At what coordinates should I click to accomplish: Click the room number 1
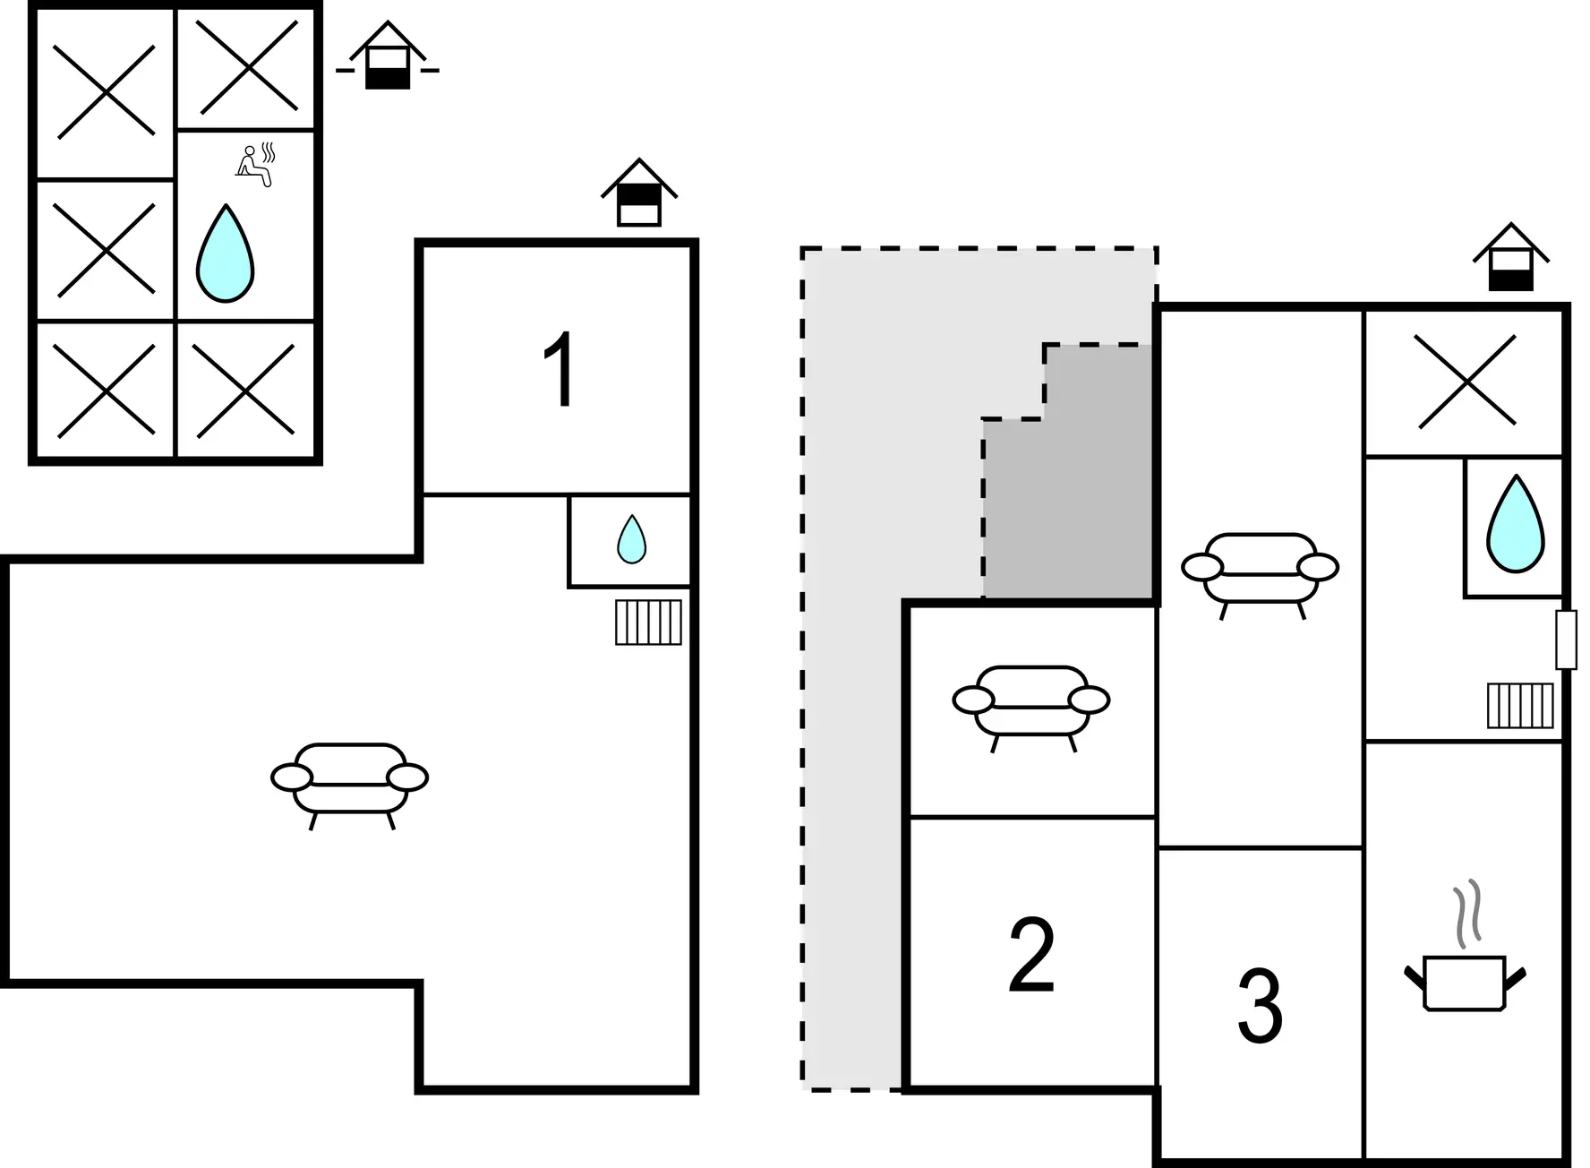pyautogui.click(x=559, y=371)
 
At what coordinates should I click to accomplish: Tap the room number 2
pyautogui.click(x=1031, y=957)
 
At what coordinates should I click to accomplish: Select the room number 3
pyautogui.click(x=1260, y=1007)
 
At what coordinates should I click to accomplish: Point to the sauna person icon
pyautogui.click(x=255, y=165)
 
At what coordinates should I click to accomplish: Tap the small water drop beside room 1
pyautogui.click(x=631, y=539)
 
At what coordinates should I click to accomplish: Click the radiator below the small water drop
pyautogui.click(x=648, y=623)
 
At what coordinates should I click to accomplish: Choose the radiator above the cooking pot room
pyautogui.click(x=1520, y=705)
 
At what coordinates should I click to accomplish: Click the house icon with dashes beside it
pyautogui.click(x=388, y=57)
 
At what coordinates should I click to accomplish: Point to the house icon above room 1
pyautogui.click(x=638, y=193)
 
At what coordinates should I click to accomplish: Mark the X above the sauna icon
pyautogui.click(x=246, y=67)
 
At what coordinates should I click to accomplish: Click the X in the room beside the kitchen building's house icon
pyautogui.click(x=1466, y=381)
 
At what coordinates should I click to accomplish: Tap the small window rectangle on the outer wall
pyautogui.click(x=1566, y=639)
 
